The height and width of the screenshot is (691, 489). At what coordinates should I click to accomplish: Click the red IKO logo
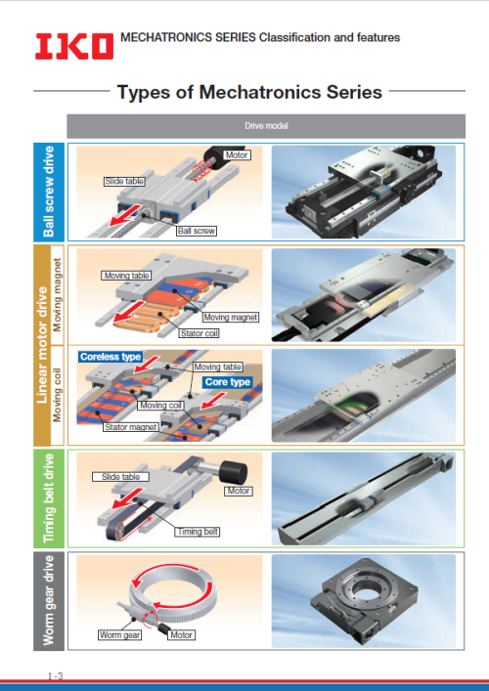(74, 46)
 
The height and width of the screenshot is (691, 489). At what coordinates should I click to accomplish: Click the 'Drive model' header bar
(266, 126)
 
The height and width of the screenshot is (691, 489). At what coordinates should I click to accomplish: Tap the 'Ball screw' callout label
(197, 231)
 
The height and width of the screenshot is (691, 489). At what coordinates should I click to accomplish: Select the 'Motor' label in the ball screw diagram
(238, 155)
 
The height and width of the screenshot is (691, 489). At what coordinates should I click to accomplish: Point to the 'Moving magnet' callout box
(231, 317)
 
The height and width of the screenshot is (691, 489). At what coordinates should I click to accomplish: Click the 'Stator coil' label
(200, 333)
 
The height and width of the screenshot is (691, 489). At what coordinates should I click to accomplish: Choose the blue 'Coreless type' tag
(111, 357)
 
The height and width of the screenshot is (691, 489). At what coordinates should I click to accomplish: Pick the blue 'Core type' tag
(228, 381)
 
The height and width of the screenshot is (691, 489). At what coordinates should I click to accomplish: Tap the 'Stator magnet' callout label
(130, 426)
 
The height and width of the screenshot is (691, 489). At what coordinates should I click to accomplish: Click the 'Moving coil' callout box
(160, 405)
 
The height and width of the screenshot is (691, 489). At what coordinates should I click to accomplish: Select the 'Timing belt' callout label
(198, 532)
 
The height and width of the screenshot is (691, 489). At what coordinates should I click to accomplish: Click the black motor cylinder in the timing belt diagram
(234, 471)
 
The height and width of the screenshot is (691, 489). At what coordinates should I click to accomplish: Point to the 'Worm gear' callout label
(119, 634)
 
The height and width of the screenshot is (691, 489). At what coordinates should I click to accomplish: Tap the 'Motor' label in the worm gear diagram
(182, 634)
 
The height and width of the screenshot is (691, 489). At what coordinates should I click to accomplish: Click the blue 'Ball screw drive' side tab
(49, 192)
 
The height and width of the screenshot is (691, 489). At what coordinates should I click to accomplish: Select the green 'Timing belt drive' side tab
(49, 498)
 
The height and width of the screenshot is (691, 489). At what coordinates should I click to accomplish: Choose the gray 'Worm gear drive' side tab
(49, 601)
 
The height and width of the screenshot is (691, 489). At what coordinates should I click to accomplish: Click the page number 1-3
(56, 676)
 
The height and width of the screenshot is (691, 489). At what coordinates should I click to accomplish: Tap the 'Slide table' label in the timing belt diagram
(121, 477)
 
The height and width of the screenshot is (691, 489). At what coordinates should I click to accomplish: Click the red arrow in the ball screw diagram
(125, 215)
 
